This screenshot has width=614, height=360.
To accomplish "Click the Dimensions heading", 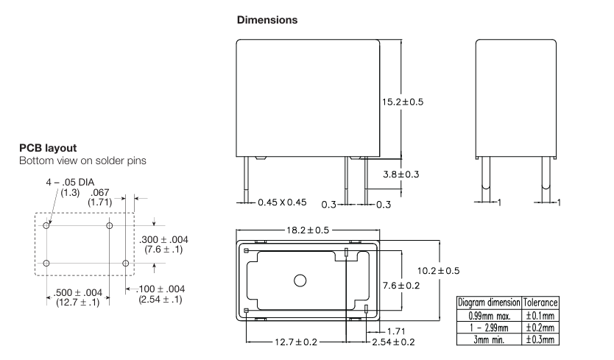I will [x=267, y=21].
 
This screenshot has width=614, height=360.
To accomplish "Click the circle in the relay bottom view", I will [x=300, y=280].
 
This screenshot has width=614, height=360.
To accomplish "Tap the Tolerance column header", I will [x=541, y=303].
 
